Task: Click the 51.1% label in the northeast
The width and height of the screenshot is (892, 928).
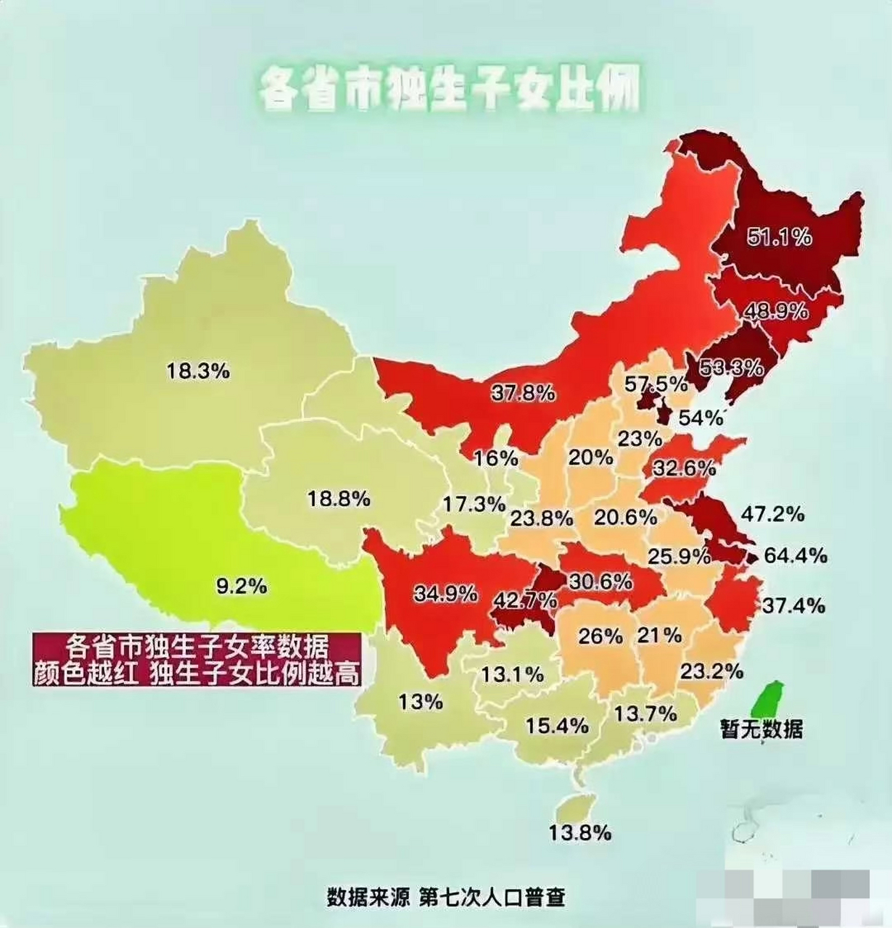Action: (x=780, y=237)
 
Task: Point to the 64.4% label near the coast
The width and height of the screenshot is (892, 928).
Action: (x=795, y=556)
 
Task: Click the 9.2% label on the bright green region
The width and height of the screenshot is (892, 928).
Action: (x=241, y=585)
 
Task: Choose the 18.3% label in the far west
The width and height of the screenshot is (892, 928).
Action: (x=198, y=371)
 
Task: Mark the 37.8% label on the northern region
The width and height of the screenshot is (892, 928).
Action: (x=523, y=393)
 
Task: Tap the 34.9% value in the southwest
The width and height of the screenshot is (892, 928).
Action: (x=445, y=594)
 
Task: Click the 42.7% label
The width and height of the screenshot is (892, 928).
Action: (x=525, y=601)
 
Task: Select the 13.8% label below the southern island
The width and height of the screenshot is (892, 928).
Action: (x=579, y=833)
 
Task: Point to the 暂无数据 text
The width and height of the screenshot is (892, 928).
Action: (x=761, y=729)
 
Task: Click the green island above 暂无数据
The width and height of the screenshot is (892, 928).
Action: (x=767, y=697)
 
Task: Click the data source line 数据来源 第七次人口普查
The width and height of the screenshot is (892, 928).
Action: (x=445, y=897)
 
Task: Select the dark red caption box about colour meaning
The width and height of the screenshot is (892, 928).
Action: (x=197, y=659)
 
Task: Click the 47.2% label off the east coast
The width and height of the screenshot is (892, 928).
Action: (x=772, y=514)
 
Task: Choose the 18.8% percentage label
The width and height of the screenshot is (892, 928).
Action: (x=339, y=499)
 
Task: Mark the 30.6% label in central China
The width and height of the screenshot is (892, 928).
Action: (x=600, y=582)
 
